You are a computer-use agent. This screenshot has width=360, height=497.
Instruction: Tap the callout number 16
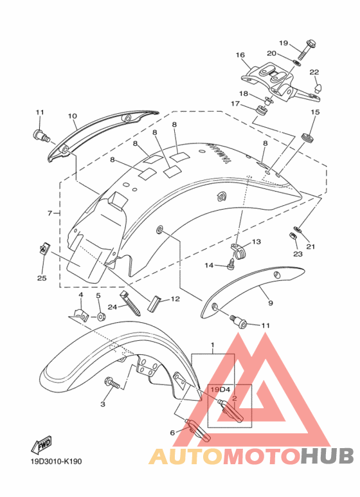(x=240, y=55)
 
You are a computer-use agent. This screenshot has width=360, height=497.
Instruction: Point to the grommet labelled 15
(x=307, y=138)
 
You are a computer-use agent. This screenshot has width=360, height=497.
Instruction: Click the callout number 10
(x=72, y=116)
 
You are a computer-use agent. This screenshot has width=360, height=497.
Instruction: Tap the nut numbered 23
(x=292, y=236)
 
